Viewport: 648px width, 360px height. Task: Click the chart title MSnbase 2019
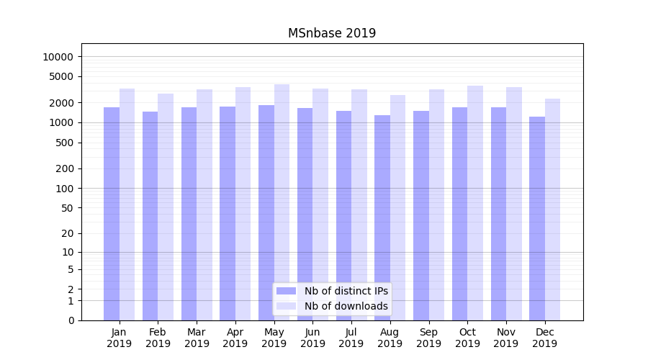coord(332,33)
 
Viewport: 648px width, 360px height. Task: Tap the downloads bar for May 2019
coord(282,202)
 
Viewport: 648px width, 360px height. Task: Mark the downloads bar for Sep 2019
coord(436,204)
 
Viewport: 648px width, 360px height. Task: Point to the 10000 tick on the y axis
coord(58,57)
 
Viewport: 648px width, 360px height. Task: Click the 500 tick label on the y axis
coord(64,143)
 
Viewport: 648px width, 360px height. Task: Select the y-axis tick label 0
coord(71,320)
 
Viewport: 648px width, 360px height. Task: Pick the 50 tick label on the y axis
coord(67,208)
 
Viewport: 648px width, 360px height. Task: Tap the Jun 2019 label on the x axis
coord(312,338)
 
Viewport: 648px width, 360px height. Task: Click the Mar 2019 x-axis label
coord(197,338)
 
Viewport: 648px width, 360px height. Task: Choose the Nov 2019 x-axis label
coord(506,338)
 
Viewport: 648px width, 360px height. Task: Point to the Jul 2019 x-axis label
coord(351,338)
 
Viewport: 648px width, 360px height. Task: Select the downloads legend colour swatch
coord(287,306)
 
